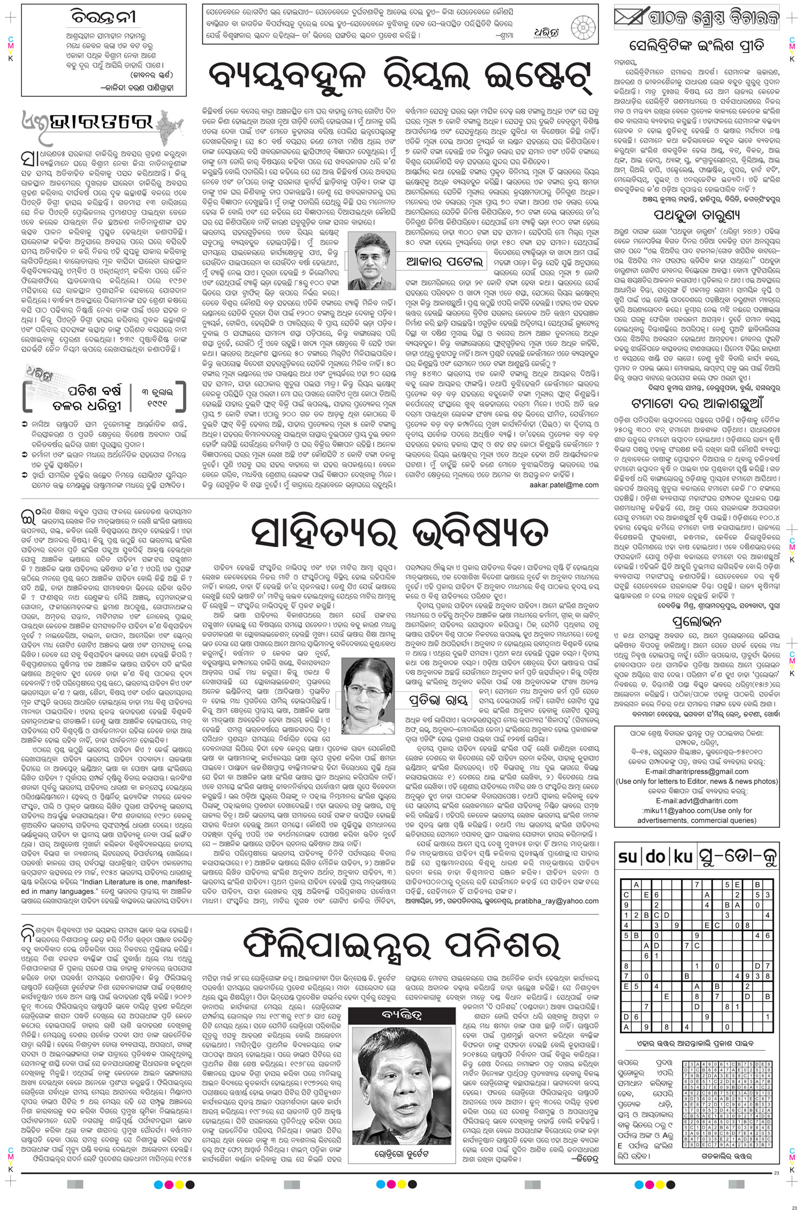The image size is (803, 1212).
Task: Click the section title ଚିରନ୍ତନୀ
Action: pyautogui.click(x=104, y=18)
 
